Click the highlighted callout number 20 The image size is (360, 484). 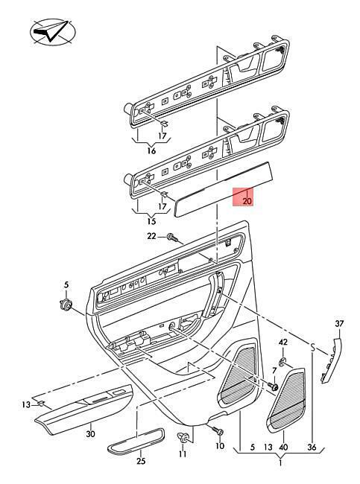[x=247, y=201]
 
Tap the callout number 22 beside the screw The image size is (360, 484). [x=151, y=237]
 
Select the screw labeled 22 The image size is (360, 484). [x=172, y=238]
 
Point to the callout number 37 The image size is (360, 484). [x=339, y=324]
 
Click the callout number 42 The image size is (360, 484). [x=283, y=343]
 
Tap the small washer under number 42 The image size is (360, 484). [x=282, y=362]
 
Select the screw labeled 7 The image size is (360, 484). [x=273, y=386]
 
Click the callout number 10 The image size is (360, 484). [x=220, y=446]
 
